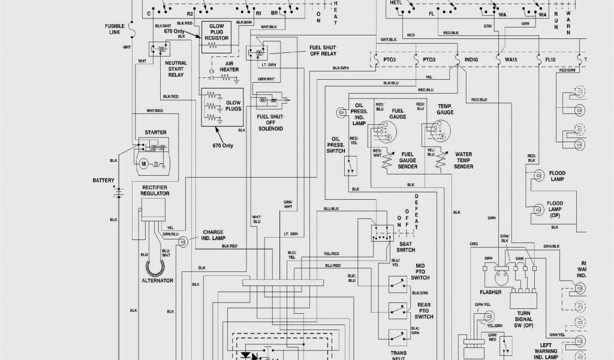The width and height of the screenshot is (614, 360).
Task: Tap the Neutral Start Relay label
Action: coord(176,69)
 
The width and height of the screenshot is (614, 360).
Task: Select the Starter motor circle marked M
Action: coord(143,163)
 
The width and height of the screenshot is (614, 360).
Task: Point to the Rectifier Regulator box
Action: coord(153,209)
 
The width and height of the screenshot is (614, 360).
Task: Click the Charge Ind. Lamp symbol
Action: coord(183,241)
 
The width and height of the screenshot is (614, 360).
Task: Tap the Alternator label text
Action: coord(157,281)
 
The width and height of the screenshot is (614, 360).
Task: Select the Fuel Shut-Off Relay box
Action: coord(257,52)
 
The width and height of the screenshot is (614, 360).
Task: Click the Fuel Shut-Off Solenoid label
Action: coord(270,122)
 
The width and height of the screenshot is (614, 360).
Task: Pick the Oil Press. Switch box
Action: coord(351,165)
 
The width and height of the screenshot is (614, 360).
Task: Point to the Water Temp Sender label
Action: coord(463,160)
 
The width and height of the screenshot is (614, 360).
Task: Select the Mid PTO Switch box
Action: coord(397,284)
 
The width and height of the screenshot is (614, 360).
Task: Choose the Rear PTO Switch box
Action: coord(397,310)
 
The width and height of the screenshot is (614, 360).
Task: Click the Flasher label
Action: coord(490,292)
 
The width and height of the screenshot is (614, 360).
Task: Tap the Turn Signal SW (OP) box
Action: coord(523,299)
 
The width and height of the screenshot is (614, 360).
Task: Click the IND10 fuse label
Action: coord(471,60)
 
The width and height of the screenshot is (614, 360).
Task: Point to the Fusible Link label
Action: coord(115,29)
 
